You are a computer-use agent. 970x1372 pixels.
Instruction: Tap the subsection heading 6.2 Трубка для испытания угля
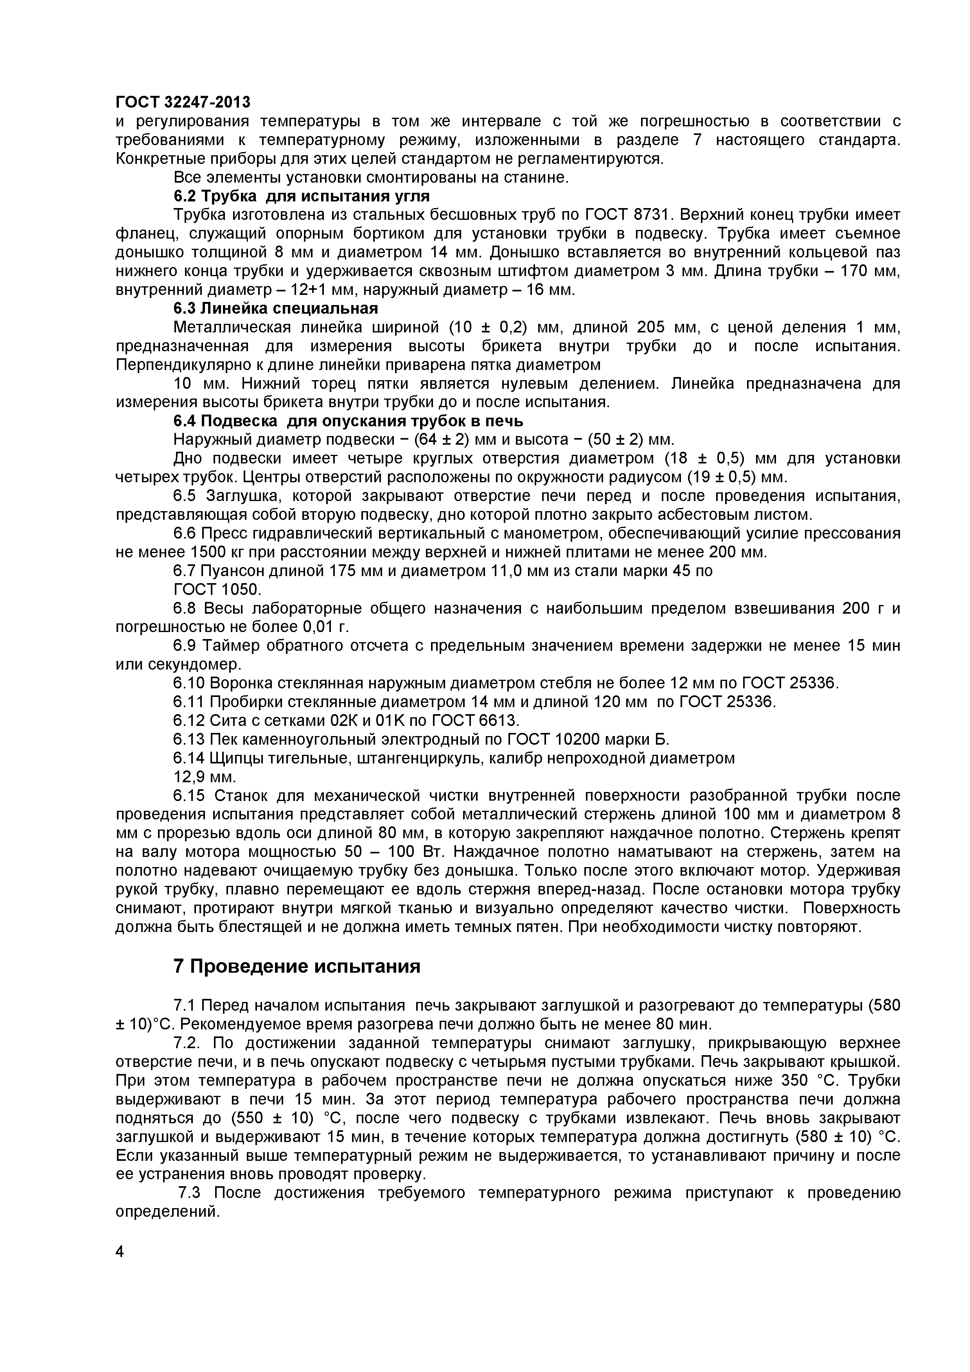coord(301,196)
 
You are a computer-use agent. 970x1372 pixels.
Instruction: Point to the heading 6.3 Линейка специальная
coord(275,308)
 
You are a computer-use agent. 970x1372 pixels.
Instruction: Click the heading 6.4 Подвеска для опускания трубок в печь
coord(348,421)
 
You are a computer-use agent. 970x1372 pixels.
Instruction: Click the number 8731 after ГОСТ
coord(652,215)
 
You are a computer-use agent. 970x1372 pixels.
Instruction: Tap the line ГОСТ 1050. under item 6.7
coord(217,590)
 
